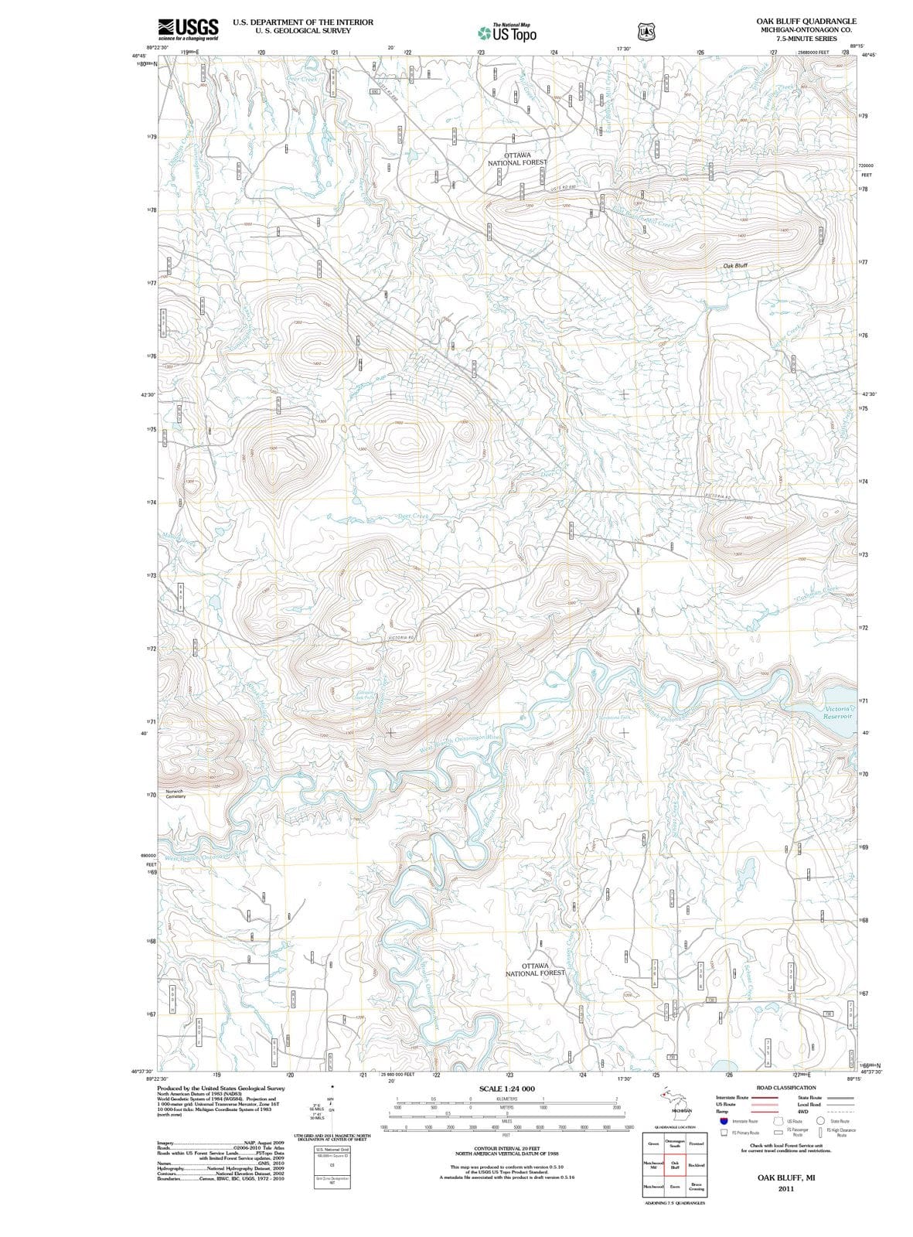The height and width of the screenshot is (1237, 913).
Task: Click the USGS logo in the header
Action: pos(187,29)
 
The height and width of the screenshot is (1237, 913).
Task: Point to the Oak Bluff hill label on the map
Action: pos(735,265)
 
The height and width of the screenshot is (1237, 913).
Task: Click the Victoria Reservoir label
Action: pos(838,712)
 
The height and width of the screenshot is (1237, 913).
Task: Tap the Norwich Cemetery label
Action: pos(175,794)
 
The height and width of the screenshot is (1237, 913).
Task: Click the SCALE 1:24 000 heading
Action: pos(507,1089)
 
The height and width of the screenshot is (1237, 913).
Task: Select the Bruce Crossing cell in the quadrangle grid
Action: pos(695,1187)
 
